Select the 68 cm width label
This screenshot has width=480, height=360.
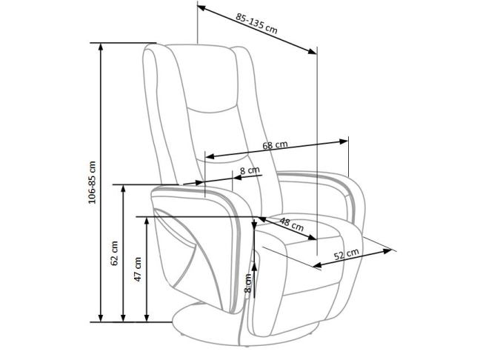click(x=276, y=145)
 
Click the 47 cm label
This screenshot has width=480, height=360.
click(x=138, y=268)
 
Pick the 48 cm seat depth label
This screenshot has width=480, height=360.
click(x=291, y=224)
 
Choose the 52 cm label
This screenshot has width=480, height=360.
click(x=346, y=255)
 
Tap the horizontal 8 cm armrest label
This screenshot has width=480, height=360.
click(x=250, y=171)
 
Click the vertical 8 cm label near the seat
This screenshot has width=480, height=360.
click(x=249, y=283)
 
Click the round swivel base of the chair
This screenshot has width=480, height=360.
click(x=215, y=326)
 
